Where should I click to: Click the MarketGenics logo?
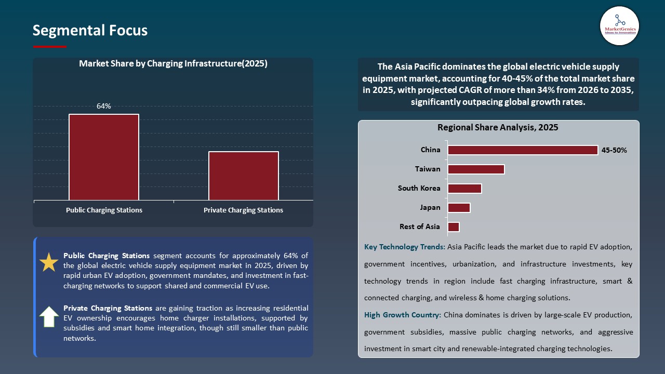point(619,25)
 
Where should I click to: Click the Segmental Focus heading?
point(90,31)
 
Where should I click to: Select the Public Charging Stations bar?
point(104,157)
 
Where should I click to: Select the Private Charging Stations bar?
point(243,176)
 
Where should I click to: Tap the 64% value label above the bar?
point(104,106)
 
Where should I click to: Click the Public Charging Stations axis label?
point(104,210)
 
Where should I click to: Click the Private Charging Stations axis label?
point(243,210)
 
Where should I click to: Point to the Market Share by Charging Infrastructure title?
point(173,64)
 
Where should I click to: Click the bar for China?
point(523,150)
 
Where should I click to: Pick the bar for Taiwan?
point(476,169)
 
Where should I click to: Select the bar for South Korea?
point(464,188)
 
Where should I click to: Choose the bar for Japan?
point(459,208)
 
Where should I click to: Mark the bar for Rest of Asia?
point(453,227)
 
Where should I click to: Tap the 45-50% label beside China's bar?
point(614,151)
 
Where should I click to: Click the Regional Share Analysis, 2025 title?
point(498,128)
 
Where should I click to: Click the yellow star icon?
point(49,263)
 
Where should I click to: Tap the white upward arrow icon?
point(49,316)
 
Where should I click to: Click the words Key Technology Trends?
point(404,247)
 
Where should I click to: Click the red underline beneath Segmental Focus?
point(50,47)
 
